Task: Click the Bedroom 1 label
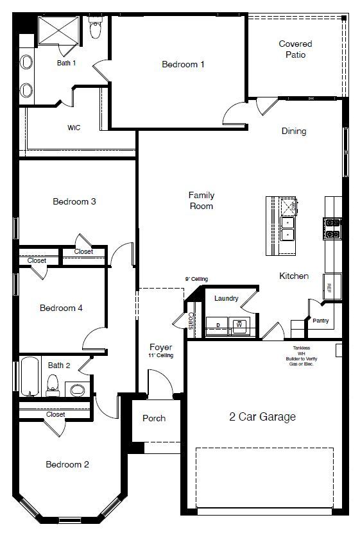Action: (183, 64)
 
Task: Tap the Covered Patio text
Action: (295, 49)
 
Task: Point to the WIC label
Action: (74, 128)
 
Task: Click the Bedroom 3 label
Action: (74, 201)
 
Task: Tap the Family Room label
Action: (201, 201)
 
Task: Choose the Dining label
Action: (294, 131)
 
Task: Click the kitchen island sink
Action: (288, 228)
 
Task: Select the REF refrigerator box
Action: (329, 287)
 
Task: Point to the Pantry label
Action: (320, 321)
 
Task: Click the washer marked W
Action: (239, 325)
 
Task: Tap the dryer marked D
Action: (218, 325)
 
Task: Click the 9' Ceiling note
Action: (196, 279)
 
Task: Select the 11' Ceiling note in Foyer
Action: (160, 355)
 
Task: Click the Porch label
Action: (154, 418)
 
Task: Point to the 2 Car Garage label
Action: (262, 417)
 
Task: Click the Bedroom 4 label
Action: (61, 308)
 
